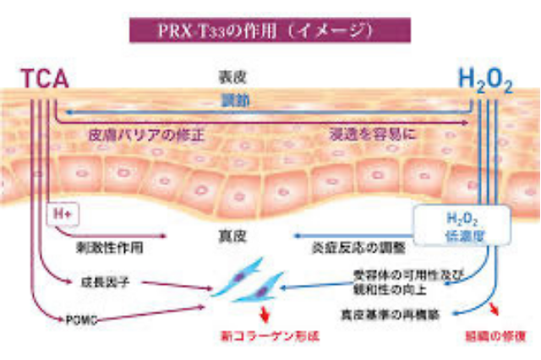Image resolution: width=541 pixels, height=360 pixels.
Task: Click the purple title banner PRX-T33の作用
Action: (x=270, y=30)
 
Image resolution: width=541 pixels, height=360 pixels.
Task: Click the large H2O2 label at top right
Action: (x=484, y=81)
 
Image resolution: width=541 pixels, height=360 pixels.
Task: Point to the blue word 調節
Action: (x=231, y=101)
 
